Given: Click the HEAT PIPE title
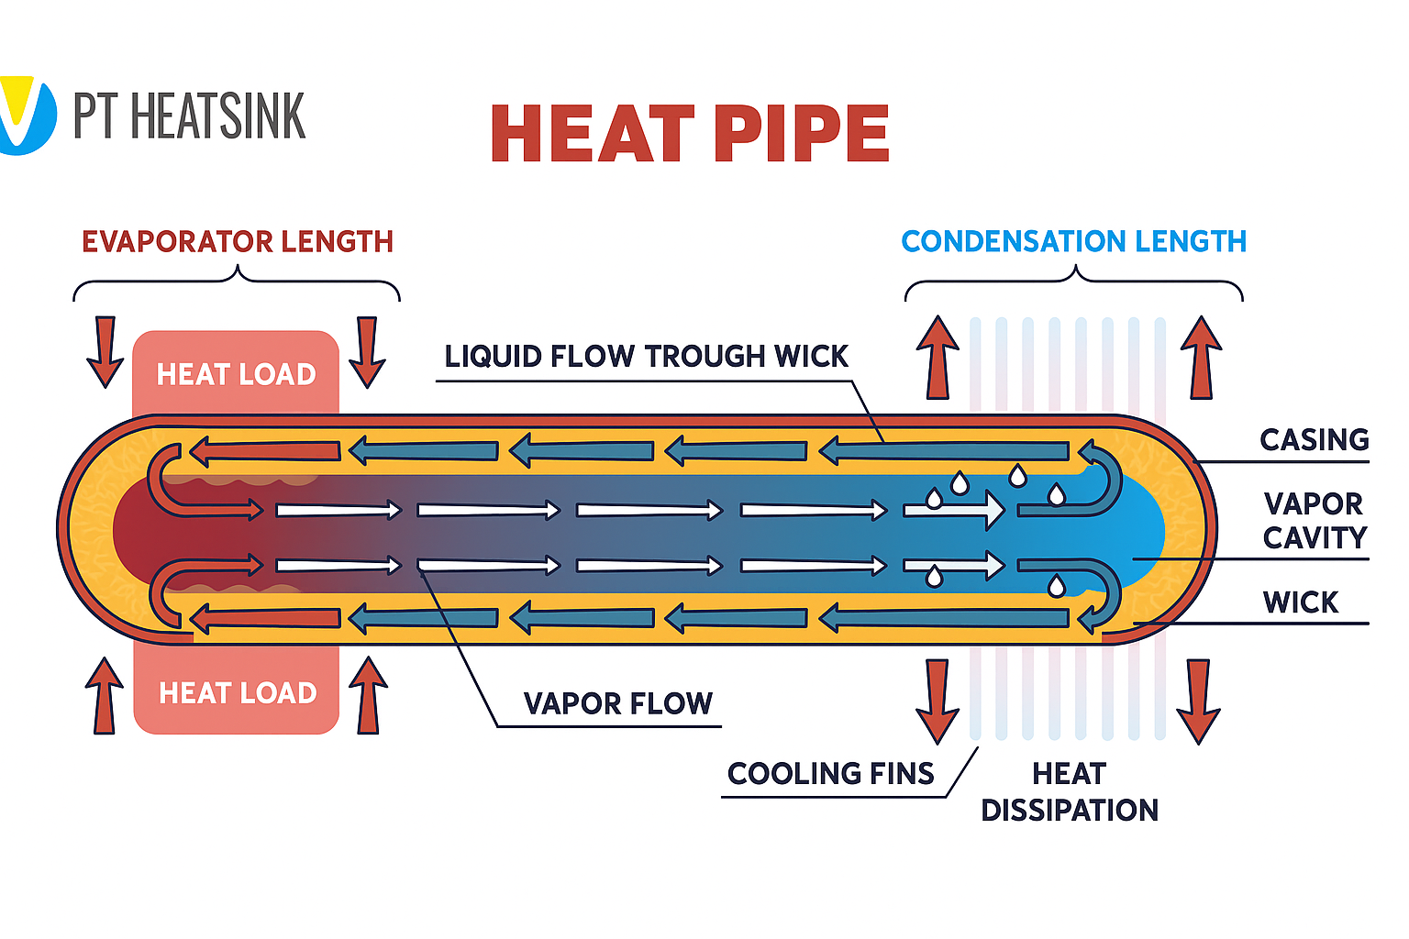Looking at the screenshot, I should pos(690,133).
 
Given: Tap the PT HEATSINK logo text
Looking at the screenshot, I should pos(189,116).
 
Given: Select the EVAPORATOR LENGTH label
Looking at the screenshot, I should pos(238,242).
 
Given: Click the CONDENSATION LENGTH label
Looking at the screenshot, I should pos(1073,242).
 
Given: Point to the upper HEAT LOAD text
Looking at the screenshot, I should pos(236,374).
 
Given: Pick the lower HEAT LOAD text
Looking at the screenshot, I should pos(238,692).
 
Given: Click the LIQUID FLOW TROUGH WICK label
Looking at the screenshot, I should pos(646,357).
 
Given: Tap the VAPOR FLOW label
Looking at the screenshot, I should pos(617,703).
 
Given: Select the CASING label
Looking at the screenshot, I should pos(1314,440).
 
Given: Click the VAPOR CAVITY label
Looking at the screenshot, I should pos(1314,521).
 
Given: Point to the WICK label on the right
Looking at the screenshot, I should pos(1300,602).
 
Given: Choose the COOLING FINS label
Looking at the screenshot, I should pos(830,774).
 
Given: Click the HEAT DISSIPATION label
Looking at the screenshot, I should pos(1069,792).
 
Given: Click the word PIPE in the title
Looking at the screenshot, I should pos(800,133).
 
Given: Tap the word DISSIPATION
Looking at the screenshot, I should pos(1069,811).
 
